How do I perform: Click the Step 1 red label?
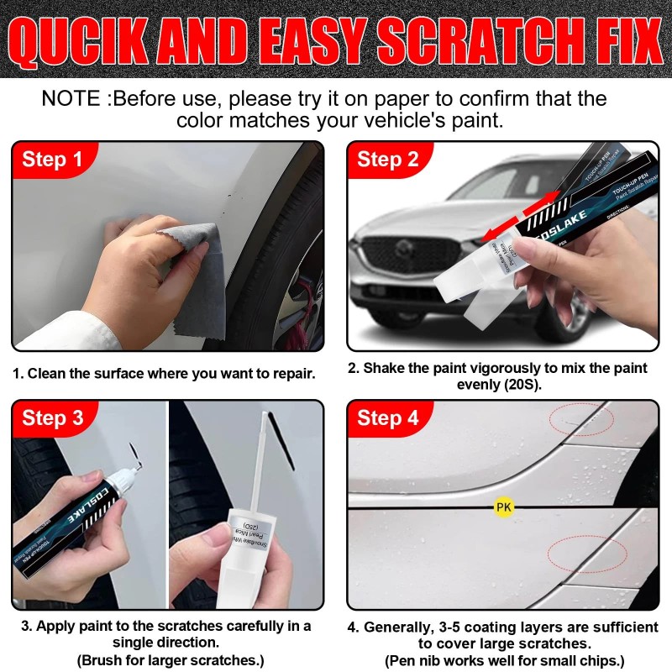52,160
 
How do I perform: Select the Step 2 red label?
388,160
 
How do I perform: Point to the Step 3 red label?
52,417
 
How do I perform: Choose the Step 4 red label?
388,417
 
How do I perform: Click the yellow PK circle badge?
503,507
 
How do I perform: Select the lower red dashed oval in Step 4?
586,555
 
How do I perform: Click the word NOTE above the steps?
72,98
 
